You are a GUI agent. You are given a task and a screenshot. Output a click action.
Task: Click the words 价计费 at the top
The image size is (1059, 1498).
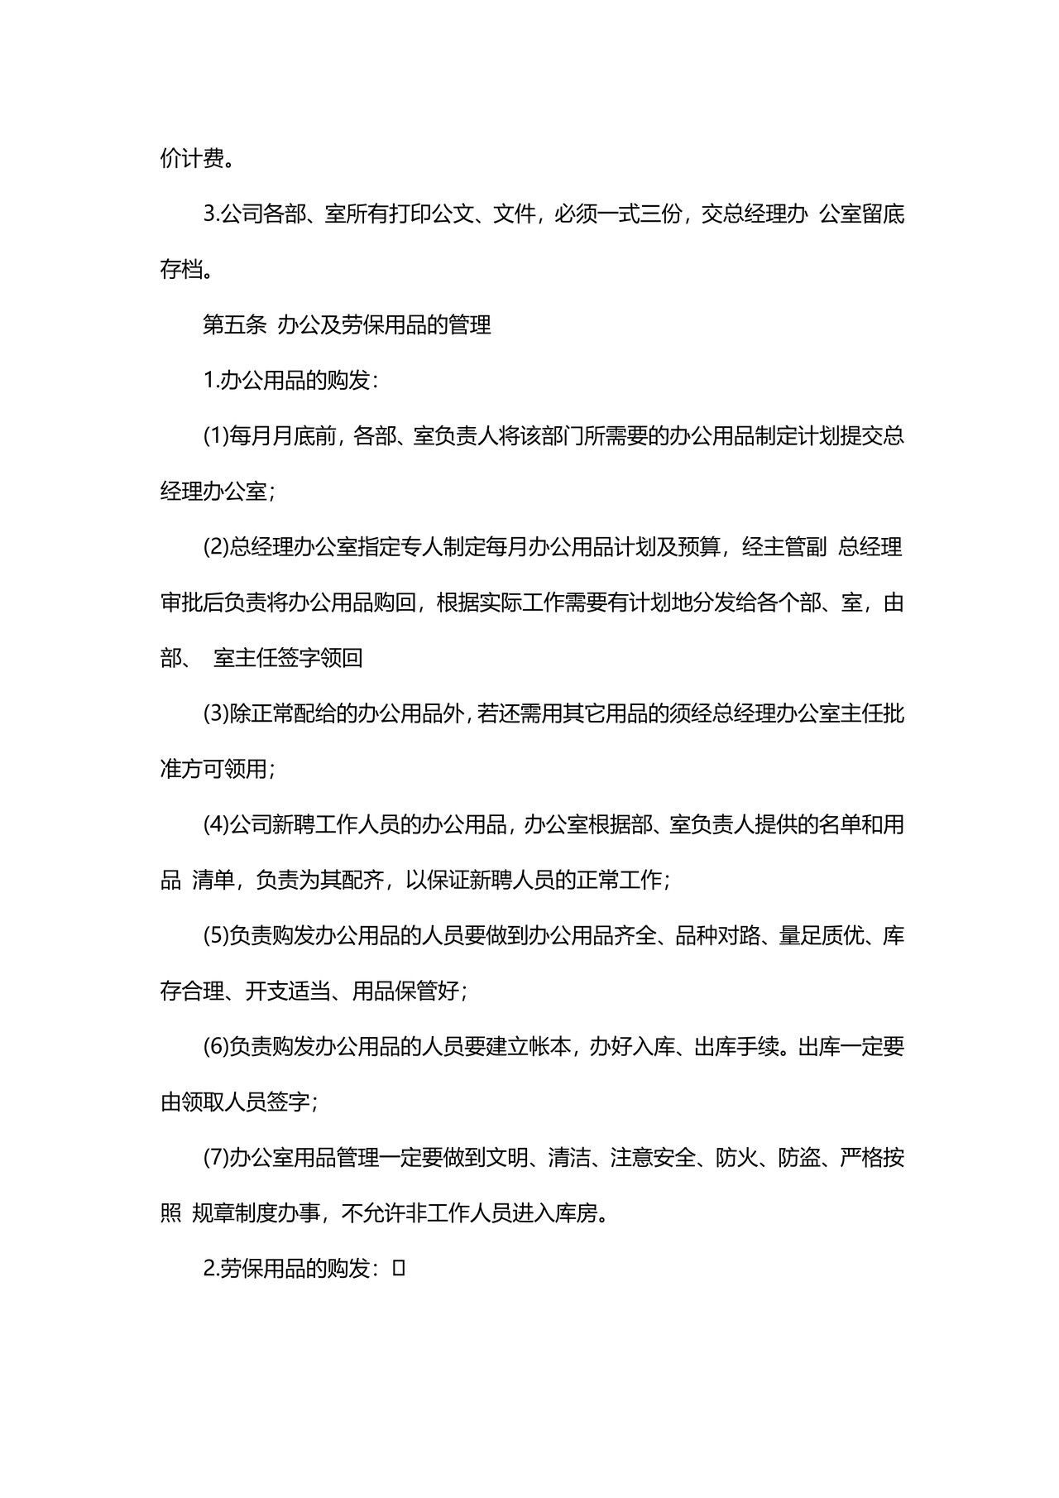[192, 160]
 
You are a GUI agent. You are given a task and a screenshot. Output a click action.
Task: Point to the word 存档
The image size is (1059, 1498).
[181, 271]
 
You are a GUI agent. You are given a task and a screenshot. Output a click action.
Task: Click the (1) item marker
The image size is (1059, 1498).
[215, 437]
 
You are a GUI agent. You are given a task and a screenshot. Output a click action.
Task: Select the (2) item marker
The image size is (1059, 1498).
[215, 548]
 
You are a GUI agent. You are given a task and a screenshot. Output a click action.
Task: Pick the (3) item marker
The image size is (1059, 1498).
[215, 714]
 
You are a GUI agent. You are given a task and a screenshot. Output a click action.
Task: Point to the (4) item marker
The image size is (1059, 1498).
[215, 825]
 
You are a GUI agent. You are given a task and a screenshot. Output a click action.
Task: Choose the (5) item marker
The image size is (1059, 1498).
[215, 936]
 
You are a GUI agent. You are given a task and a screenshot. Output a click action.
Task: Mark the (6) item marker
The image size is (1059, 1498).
[215, 1047]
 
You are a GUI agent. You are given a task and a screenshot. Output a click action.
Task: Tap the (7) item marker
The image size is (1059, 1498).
[215, 1158]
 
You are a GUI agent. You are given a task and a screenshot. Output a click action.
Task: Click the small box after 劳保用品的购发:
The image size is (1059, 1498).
[399, 1268]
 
